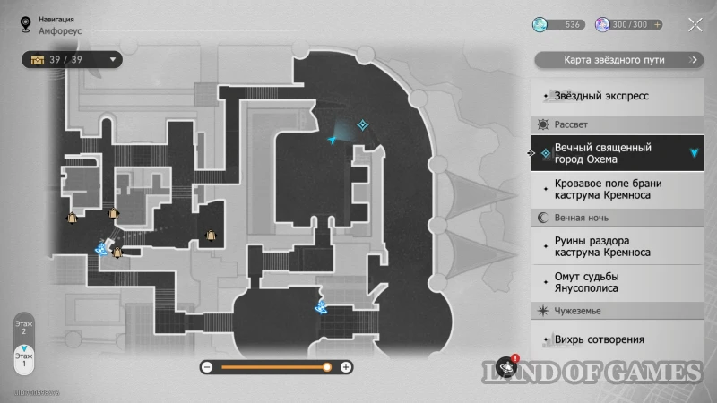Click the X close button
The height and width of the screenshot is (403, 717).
[x=695, y=24]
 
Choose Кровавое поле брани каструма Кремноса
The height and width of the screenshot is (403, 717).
[x=615, y=188]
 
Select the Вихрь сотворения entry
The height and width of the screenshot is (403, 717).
[x=600, y=339]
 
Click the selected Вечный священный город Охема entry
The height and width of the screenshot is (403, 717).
[x=615, y=153]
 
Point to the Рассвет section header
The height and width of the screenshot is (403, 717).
[x=571, y=124]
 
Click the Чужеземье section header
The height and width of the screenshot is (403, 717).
[x=577, y=311]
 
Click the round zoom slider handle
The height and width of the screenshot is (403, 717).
[x=327, y=367]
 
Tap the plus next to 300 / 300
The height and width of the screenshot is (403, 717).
[x=659, y=24]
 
